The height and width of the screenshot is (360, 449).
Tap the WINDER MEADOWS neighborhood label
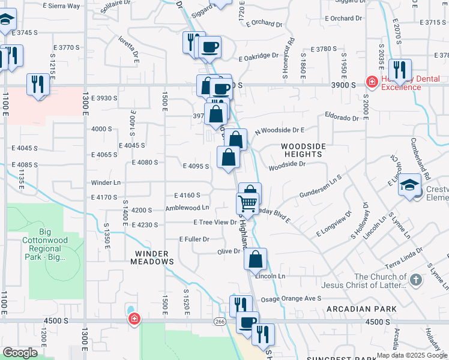[154, 257]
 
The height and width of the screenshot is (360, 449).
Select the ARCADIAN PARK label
[361, 308]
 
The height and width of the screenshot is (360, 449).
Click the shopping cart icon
[248, 204]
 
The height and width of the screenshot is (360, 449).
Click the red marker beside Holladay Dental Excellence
[372, 82]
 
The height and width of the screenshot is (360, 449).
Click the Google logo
[20, 353]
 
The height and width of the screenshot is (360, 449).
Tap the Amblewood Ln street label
[187, 208]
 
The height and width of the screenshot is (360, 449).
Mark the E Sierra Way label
[61, 6]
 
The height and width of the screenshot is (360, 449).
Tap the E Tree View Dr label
[215, 222]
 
